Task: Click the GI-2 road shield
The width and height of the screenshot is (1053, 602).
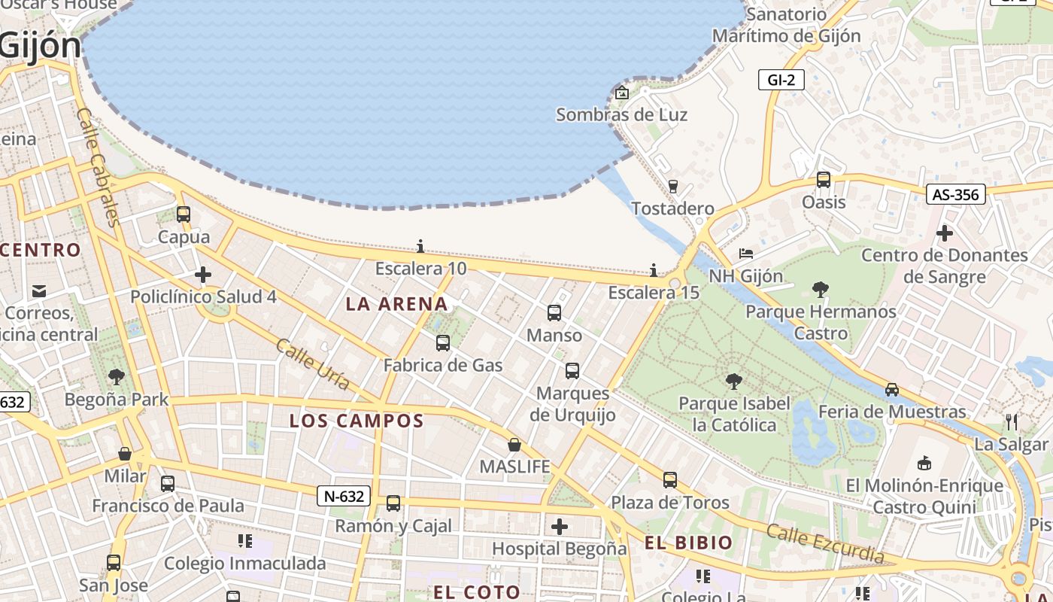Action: [781, 79]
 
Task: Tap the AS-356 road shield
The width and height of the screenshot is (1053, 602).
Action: [955, 194]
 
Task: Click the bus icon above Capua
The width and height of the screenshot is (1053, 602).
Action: [184, 214]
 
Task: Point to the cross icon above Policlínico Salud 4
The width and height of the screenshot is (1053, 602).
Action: [203, 275]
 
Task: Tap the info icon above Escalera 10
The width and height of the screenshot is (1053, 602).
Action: [420, 246]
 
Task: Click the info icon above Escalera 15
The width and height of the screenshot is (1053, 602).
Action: [654, 270]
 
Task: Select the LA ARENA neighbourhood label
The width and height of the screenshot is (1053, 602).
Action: [396, 304]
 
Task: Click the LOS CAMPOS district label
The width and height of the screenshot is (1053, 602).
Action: [357, 421]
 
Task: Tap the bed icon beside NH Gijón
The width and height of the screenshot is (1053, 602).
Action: [745, 254]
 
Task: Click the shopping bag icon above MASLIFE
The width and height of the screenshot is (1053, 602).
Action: [514, 445]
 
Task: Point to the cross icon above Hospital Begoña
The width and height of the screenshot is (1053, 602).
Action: [560, 527]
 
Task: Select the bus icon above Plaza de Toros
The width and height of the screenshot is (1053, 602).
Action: [670, 480]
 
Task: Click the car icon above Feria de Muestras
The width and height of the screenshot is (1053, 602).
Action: [892, 390]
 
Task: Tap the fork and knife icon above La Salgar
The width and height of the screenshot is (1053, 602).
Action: [1012, 421]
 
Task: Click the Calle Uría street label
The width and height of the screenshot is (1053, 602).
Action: [312, 364]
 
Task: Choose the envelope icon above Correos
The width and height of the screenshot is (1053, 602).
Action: [39, 290]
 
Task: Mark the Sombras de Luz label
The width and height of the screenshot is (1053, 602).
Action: [621, 115]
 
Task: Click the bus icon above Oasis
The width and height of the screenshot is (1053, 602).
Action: [824, 180]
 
